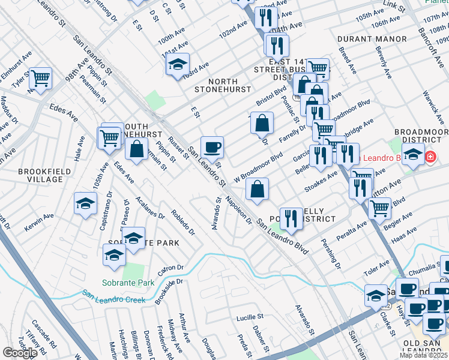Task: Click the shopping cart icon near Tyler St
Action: tap(40, 78)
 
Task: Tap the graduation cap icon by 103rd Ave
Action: tap(178, 64)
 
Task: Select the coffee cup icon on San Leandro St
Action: tap(212, 147)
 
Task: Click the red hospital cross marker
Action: tap(430, 158)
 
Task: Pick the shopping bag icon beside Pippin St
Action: tap(137, 149)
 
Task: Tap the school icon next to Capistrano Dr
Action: tap(86, 203)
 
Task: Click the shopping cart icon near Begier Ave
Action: tap(379, 208)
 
